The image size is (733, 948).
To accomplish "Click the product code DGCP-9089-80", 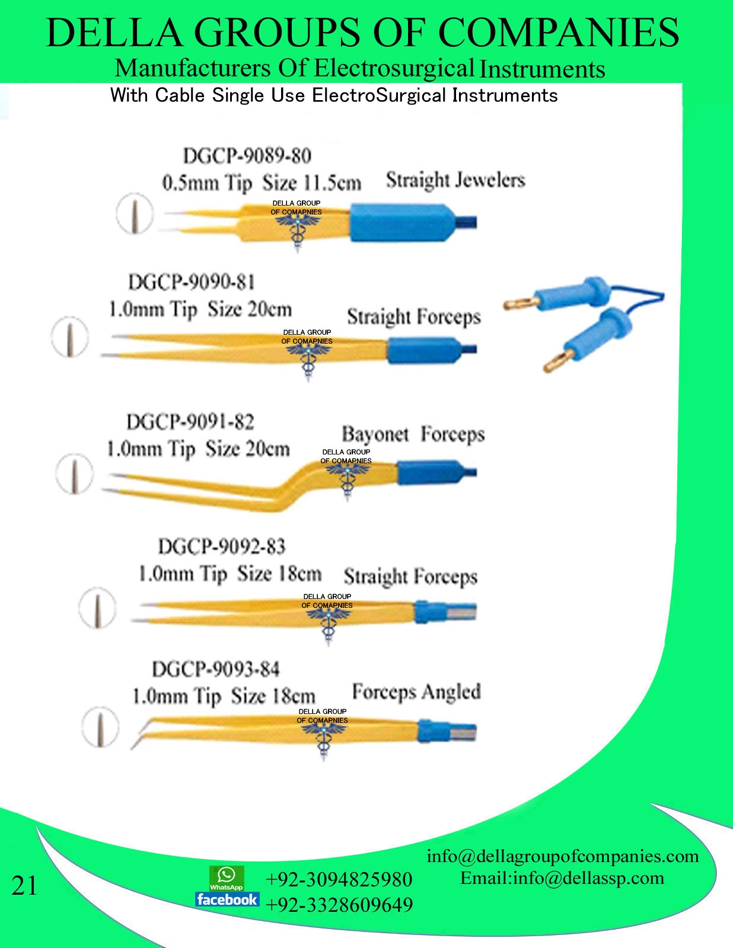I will pos(247,156).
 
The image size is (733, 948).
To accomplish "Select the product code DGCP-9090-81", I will pos(192,281).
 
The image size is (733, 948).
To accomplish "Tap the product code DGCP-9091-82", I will pos(190,422).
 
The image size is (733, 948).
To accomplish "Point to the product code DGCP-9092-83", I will pos(222,546).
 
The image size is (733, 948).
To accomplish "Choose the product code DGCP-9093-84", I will pos(215,669).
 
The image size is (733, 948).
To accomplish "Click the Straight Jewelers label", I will pos(455,180).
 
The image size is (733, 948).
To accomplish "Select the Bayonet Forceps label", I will pos(413,434).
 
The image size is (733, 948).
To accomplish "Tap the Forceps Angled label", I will pos(416,691).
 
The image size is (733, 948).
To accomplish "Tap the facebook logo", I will pos(227,899).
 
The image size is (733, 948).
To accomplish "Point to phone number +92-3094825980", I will pos(339,879).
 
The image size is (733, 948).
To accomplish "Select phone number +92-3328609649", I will pos(339,905).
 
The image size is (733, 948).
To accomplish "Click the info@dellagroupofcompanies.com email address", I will pos(562,856).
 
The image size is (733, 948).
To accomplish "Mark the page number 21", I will pos(24,886).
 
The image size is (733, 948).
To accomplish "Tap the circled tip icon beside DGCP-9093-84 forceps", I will pos(99,727).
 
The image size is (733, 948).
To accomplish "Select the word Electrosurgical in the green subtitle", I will pos(394,68).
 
